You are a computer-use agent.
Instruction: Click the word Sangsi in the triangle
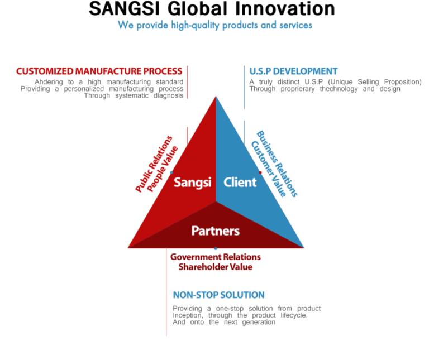coord(192,183)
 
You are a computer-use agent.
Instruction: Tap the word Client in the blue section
coord(240,183)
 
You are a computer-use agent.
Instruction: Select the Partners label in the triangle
coord(216,231)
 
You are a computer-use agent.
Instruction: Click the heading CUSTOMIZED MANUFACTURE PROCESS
coord(99,71)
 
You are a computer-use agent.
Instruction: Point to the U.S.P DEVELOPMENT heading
coord(293,71)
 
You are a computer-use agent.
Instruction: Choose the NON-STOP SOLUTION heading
coord(218,295)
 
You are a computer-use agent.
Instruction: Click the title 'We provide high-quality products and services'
coord(214,25)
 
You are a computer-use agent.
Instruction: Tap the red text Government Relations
coord(216,257)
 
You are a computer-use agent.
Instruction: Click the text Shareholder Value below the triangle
coord(216,267)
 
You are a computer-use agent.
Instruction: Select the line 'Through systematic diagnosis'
coord(134,95)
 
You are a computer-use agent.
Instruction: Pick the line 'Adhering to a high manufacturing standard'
coord(109,81)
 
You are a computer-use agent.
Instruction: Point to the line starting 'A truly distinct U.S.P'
coord(335,82)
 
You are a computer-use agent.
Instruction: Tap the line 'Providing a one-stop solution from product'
coord(246,309)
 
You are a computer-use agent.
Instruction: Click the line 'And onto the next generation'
coord(224,322)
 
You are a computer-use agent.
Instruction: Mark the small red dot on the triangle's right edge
coord(260,172)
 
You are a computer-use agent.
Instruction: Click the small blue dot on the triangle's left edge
coord(171,172)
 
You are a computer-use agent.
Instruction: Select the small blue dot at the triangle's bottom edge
coord(216,249)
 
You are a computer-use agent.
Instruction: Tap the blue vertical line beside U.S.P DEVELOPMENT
coord(244,87)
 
